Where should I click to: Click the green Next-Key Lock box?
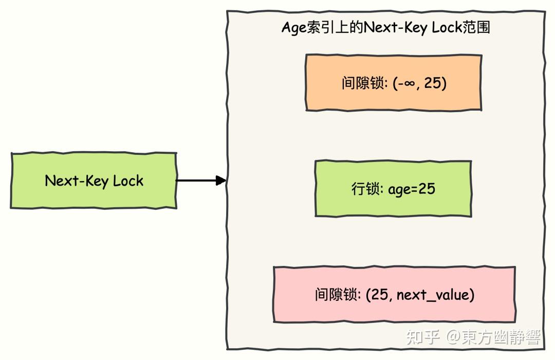(94, 181)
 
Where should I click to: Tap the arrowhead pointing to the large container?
(221, 181)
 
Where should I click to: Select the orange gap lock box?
(394, 83)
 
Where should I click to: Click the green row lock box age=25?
(393, 189)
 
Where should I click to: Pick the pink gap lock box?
(394, 295)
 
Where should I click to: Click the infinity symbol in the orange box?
(409, 83)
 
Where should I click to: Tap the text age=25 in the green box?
(411, 189)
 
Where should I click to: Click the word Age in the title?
(294, 28)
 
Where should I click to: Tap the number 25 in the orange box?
(433, 83)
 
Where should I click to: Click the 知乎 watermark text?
(423, 337)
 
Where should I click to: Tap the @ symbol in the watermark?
(453, 337)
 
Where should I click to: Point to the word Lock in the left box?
(128, 181)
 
